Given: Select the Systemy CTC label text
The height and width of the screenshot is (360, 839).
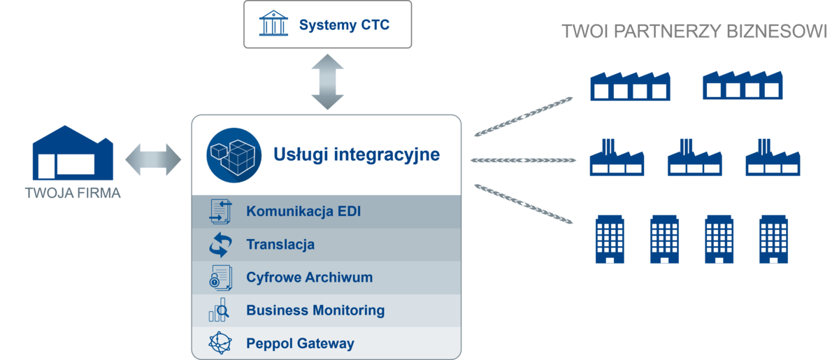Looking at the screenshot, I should pos(344,26).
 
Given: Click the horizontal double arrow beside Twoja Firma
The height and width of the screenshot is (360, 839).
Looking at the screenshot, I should pos(153,159).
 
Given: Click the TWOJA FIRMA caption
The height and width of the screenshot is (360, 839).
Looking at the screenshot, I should pos(73,194).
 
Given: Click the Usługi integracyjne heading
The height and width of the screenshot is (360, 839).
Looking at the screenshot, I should pos(357,154).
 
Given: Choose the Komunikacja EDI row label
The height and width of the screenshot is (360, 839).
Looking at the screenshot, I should pos(303,211).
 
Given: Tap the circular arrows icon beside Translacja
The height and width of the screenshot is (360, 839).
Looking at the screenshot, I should pos(220,245).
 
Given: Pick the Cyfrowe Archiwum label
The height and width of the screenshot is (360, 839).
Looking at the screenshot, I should pos(309,278).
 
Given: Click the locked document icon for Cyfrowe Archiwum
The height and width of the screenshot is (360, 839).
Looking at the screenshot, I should pos(220,278).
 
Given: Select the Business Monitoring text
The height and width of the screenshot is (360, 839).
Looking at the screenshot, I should pos(315,310).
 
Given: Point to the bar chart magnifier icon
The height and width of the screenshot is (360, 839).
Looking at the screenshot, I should pos(219,310).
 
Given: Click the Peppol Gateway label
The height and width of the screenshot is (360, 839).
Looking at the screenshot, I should pos(300,343).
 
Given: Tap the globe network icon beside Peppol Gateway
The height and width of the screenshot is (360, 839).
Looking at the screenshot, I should pos(220,343).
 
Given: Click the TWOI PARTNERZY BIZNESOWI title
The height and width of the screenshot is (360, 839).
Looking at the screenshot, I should pos(694,32).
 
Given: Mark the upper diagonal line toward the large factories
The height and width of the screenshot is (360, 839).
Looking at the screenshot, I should pos(524,115).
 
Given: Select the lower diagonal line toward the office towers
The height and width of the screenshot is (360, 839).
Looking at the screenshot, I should pos(524,204).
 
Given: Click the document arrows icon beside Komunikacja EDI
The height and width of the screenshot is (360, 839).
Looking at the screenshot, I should pos(220,211).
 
